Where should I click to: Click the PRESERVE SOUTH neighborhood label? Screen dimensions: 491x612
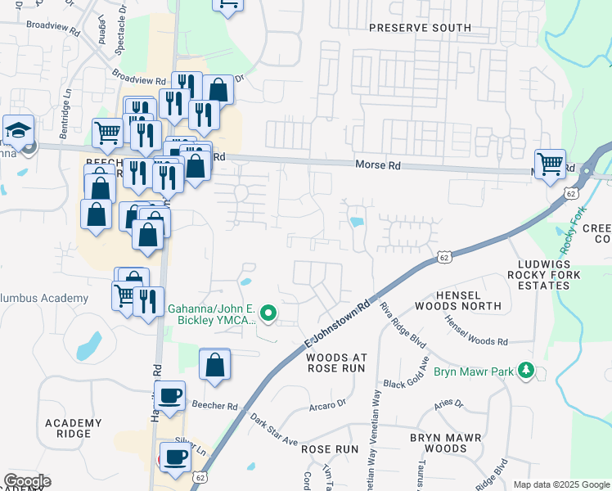click(420, 28)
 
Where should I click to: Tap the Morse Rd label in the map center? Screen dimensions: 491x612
click(378, 164)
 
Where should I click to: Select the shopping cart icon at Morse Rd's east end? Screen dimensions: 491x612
click(550, 163)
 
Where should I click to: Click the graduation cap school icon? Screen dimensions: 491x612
click(17, 130)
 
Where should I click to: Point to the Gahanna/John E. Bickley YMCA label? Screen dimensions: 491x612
click(212, 314)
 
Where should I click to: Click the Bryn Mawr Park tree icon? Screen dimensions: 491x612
click(528, 372)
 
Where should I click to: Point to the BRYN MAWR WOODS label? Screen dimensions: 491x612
click(450, 443)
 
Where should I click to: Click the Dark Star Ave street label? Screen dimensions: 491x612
click(274, 430)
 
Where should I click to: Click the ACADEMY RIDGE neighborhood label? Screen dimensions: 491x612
click(74, 428)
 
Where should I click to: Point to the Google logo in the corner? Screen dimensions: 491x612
click(27, 481)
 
